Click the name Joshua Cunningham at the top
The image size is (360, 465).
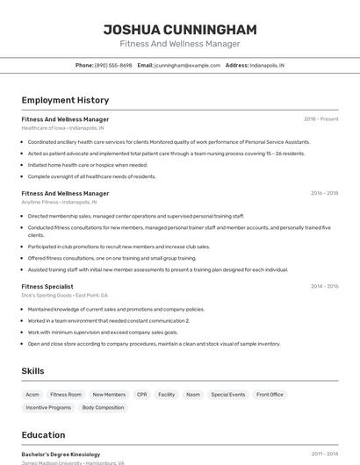coord(179,29)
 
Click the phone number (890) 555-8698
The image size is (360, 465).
coord(113,65)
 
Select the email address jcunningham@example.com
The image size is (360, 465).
coord(187,65)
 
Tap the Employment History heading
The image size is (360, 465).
coord(65,100)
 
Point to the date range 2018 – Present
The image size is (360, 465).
coord(320,119)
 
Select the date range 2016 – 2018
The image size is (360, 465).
coord(324,193)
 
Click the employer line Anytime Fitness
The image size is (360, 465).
coord(59,202)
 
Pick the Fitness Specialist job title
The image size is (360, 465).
coord(47,286)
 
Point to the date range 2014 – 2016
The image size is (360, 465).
coord(324,286)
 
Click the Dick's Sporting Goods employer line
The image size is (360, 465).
coord(65,295)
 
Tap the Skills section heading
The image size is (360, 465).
coord(32,371)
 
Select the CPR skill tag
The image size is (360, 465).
coord(142,395)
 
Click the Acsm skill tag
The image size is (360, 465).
coord(32,395)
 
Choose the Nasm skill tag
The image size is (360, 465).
coord(192,395)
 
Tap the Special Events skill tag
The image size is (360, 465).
coord(228,395)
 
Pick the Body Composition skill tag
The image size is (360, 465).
coord(104,408)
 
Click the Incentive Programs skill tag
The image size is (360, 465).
coord(48,408)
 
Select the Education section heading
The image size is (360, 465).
coord(43,434)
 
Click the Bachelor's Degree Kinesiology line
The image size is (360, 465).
coord(61,454)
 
